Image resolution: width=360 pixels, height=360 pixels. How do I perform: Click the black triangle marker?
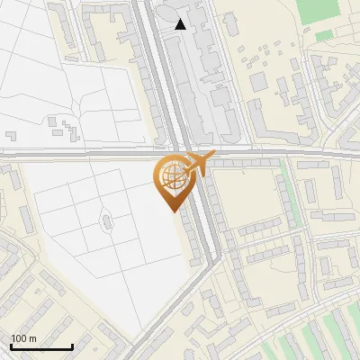[x=181, y=24]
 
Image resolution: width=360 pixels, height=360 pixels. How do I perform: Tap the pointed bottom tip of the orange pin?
[x=171, y=211]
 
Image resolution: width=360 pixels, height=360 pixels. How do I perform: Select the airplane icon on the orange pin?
[x=196, y=164]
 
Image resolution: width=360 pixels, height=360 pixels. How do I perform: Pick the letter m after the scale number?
[x=32, y=338]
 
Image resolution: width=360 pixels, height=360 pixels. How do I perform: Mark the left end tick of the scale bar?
[x=11, y=346]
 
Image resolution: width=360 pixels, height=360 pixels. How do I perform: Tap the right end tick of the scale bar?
[x=72, y=346]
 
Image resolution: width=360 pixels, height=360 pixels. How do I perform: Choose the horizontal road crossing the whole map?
[x=90, y=154]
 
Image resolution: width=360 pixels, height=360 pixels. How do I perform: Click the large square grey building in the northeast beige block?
[x=259, y=81]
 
